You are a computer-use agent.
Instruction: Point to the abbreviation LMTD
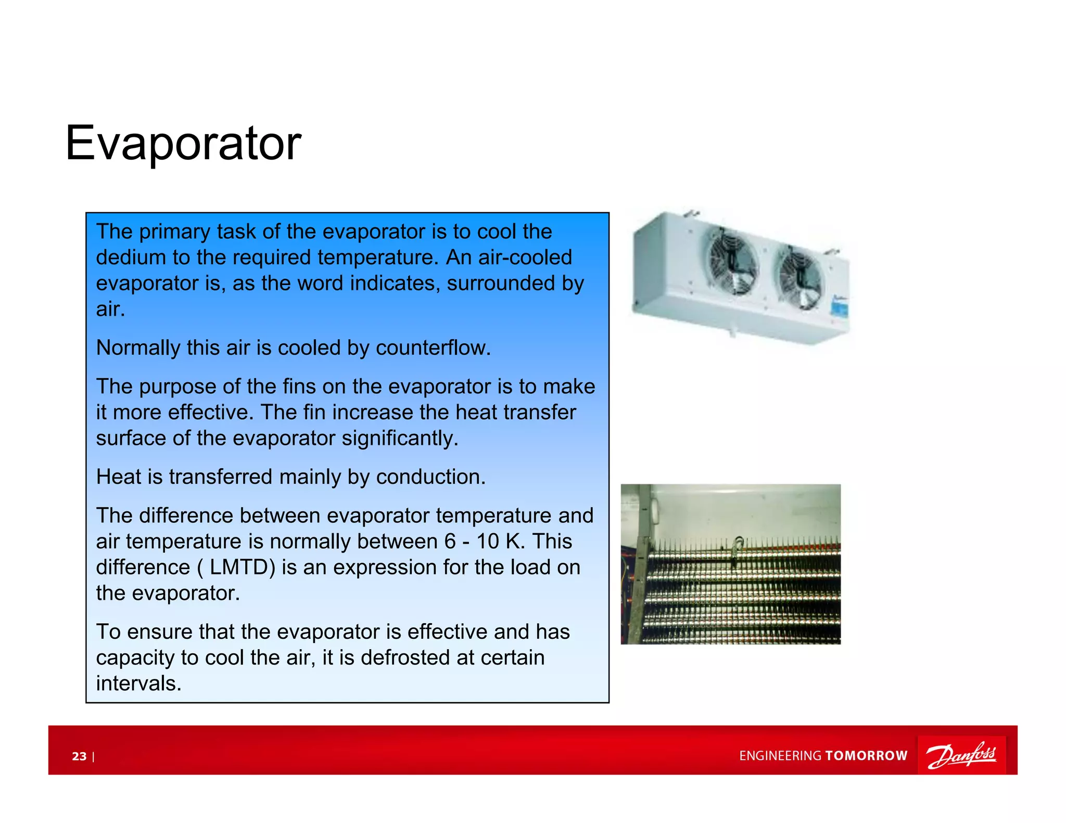coord(242,567)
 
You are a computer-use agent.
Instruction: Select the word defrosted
coord(404,658)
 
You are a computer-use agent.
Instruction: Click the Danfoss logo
coord(961,755)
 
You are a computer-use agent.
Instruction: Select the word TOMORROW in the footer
coord(866,756)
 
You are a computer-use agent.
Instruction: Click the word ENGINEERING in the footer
coord(780,756)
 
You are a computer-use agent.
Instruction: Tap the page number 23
coord(79,756)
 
